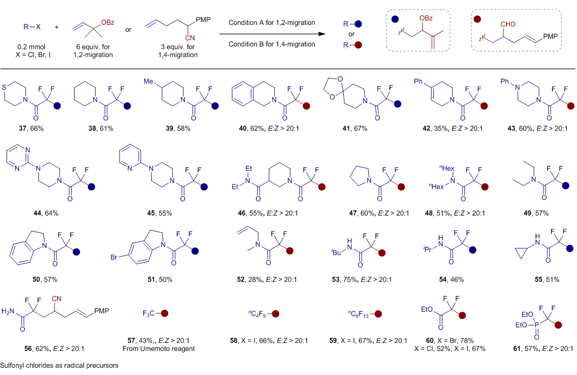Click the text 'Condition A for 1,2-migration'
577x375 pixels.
point(272,23)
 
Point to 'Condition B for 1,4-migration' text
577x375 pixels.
point(272,44)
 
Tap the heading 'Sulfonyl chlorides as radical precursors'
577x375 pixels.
point(60,365)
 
